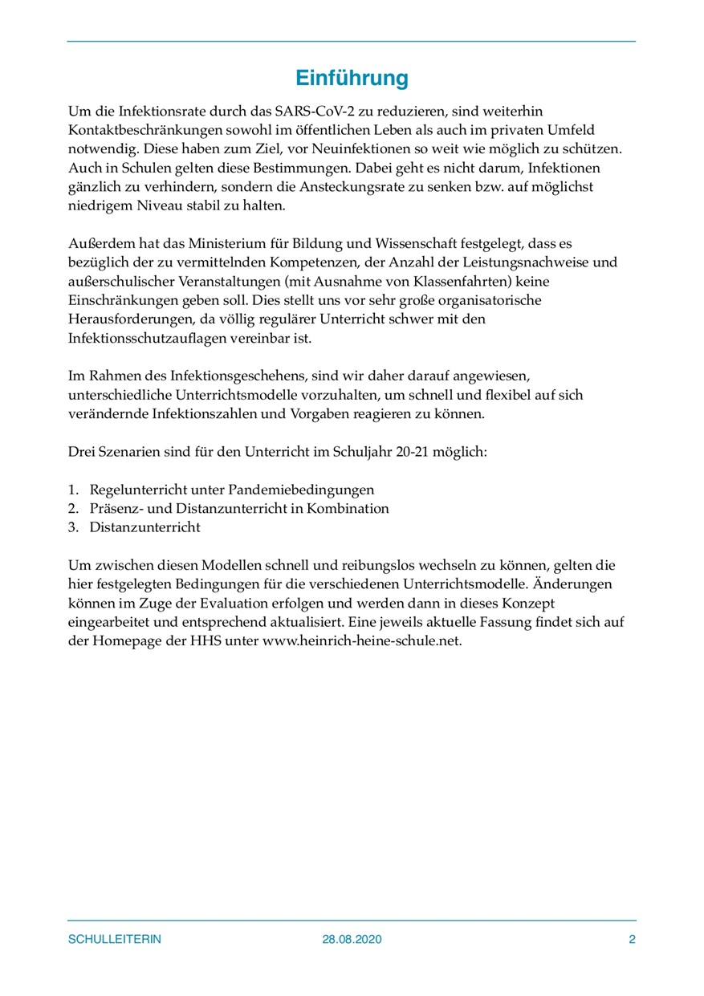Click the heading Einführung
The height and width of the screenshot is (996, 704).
click(x=352, y=79)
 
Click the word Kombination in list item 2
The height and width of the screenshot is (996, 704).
click(x=348, y=509)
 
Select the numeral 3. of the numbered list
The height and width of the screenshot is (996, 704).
click(x=73, y=528)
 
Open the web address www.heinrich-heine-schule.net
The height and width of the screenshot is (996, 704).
click(x=362, y=642)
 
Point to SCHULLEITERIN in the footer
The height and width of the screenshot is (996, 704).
click(x=114, y=939)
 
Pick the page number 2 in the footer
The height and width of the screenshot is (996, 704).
click(x=632, y=939)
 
